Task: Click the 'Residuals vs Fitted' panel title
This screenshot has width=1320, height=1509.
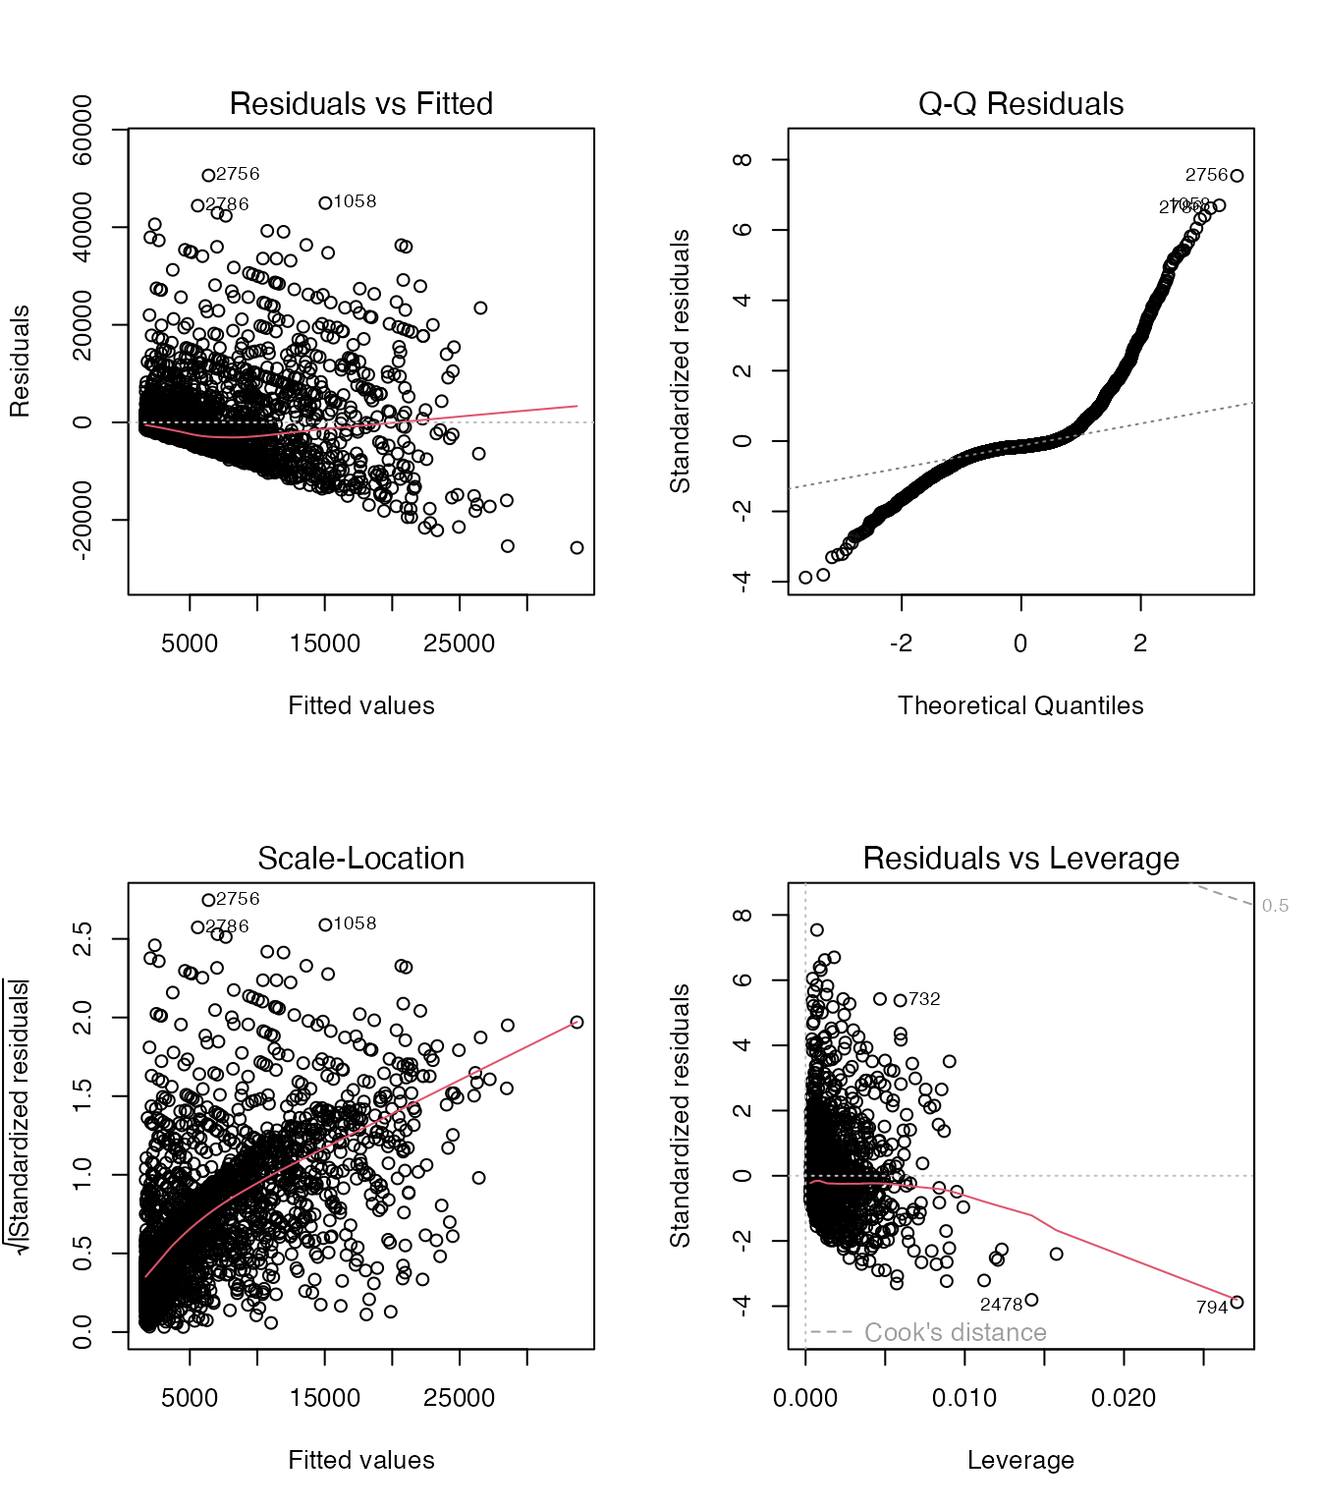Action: (x=360, y=103)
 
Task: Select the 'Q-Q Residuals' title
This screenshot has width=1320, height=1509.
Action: (x=1020, y=103)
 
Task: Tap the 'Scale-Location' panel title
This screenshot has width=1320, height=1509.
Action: (x=360, y=858)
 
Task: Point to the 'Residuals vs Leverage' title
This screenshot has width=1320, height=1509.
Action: (x=1020, y=858)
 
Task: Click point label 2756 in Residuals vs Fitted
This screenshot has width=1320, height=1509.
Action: (x=238, y=174)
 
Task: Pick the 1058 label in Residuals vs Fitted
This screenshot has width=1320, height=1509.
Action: (x=355, y=201)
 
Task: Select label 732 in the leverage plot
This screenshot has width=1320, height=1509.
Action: (x=924, y=999)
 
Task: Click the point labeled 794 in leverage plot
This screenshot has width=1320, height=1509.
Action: (x=1237, y=1302)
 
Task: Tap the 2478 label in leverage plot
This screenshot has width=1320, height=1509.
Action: (x=1001, y=1305)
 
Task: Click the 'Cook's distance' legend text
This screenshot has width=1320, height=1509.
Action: (x=955, y=1332)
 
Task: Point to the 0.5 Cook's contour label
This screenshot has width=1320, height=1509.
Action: (x=1275, y=906)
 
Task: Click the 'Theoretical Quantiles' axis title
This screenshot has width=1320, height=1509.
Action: (x=1020, y=705)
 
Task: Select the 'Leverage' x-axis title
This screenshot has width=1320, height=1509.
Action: (x=1020, y=1460)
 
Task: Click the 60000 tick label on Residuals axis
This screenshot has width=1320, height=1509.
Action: (x=82, y=130)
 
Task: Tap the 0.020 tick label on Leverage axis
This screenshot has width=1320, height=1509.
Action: (x=1124, y=1398)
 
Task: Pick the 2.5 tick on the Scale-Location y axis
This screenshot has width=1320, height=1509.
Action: (x=82, y=939)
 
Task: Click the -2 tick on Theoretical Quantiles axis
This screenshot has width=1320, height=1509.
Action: (x=901, y=643)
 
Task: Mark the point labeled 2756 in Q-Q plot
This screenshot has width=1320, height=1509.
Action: (x=1237, y=176)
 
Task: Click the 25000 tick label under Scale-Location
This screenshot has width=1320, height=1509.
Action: (x=459, y=1398)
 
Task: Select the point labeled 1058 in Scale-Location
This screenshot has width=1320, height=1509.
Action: (x=325, y=924)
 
